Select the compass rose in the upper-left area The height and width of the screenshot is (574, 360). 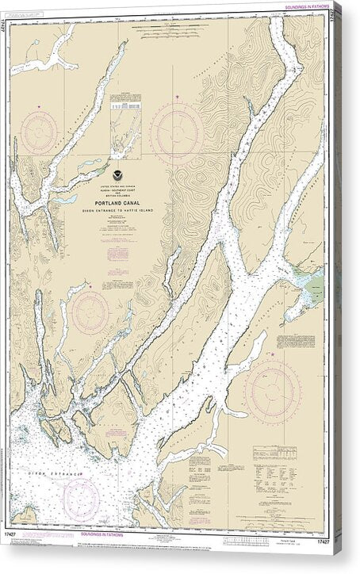point(40,132)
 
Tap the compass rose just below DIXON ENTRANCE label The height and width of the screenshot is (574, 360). point(81,498)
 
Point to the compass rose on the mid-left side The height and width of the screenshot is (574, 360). point(90,312)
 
